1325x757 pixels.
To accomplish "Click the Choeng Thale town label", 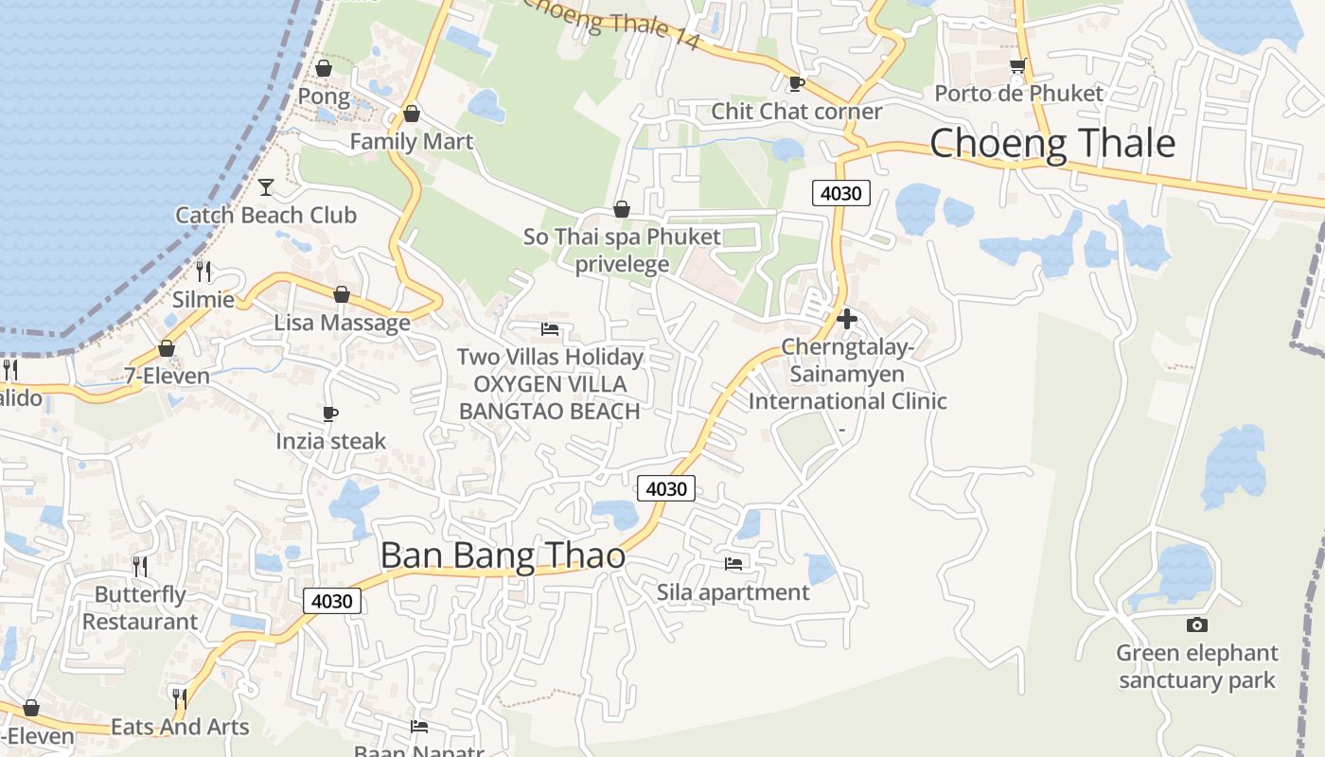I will (1052, 144).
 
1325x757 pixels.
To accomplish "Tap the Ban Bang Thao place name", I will (503, 555).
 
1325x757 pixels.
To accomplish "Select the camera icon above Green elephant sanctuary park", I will (1196, 625).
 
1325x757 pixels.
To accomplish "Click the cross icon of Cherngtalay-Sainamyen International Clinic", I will (847, 319).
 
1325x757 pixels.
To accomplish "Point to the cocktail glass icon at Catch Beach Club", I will (266, 186).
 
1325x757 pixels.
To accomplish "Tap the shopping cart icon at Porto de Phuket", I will (1017, 66).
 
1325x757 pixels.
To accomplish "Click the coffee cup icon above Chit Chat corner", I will (797, 83).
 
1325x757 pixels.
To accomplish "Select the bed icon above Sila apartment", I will (733, 564).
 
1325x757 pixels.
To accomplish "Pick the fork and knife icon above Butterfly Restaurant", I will (140, 566).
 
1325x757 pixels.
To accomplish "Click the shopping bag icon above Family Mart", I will (412, 114).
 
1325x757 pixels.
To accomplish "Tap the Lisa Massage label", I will (342, 323).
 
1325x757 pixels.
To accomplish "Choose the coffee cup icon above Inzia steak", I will (330, 414).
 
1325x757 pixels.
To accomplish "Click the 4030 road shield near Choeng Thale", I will (840, 193).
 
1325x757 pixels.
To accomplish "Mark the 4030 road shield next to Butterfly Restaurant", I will (332, 601).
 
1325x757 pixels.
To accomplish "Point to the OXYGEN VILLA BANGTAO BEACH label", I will (550, 397).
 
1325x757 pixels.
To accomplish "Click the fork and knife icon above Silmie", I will (203, 272).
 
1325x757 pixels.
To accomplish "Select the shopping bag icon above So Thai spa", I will (622, 209).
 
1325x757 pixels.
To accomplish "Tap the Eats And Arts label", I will (180, 727).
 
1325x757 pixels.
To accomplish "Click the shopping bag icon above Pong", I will (324, 68).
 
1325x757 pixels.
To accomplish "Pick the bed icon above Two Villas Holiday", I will (550, 329).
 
